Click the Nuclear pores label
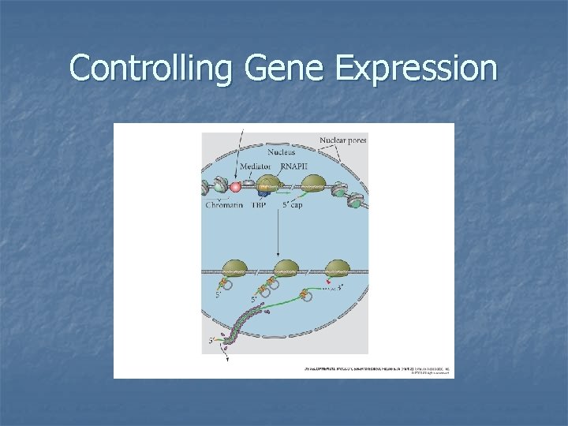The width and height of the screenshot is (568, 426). [x=342, y=140]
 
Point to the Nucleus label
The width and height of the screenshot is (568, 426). [x=282, y=151]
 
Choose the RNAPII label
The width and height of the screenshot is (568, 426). [x=295, y=167]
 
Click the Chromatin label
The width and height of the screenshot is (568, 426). [x=225, y=205]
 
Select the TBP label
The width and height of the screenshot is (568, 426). [x=259, y=205]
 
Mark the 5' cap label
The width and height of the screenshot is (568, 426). [x=290, y=205]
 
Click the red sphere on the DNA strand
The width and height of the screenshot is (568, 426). [x=234, y=186]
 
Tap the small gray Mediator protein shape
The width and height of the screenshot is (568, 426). [x=248, y=183]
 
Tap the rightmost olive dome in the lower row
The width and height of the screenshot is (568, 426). [x=337, y=267]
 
